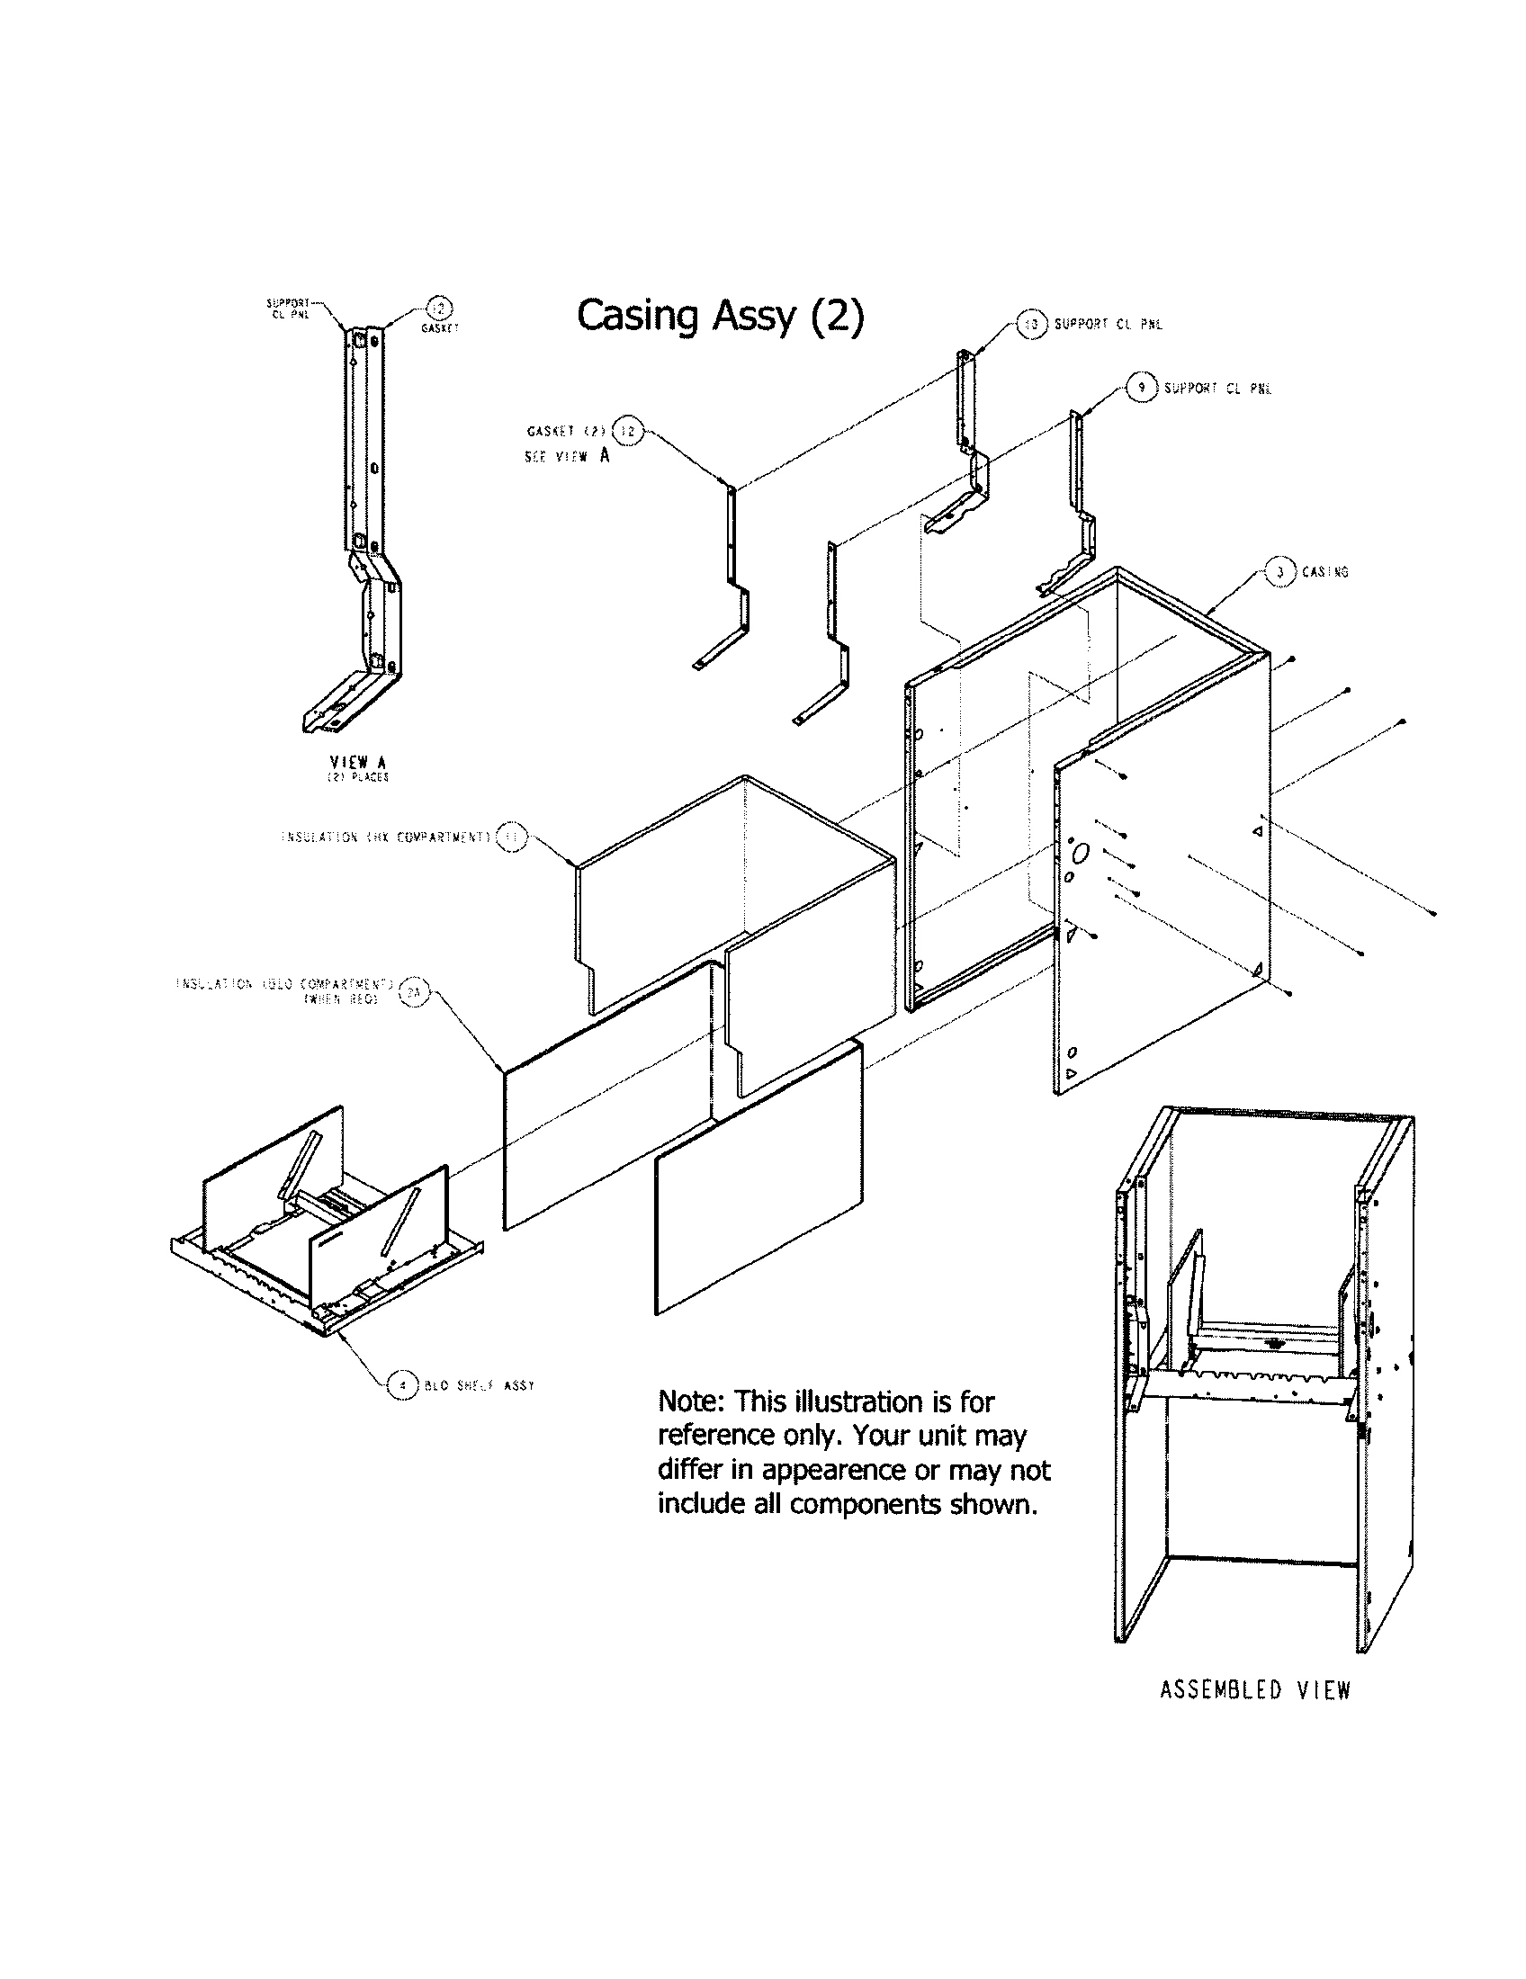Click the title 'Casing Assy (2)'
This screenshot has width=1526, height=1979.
(x=721, y=317)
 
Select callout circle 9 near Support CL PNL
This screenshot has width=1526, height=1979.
(x=1142, y=388)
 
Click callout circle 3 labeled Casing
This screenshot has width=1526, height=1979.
(x=1279, y=572)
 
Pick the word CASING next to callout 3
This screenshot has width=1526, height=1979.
(x=1324, y=572)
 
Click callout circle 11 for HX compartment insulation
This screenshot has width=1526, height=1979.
(x=511, y=837)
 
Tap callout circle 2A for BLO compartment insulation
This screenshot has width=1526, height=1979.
(x=413, y=992)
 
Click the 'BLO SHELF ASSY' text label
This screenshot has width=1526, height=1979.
(x=480, y=1385)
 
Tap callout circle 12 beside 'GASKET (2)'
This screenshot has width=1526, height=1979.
(x=627, y=432)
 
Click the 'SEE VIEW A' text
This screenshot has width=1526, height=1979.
(x=566, y=456)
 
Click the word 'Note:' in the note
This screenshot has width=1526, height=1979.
(x=691, y=1401)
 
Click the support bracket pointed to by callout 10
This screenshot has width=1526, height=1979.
(x=970, y=435)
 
